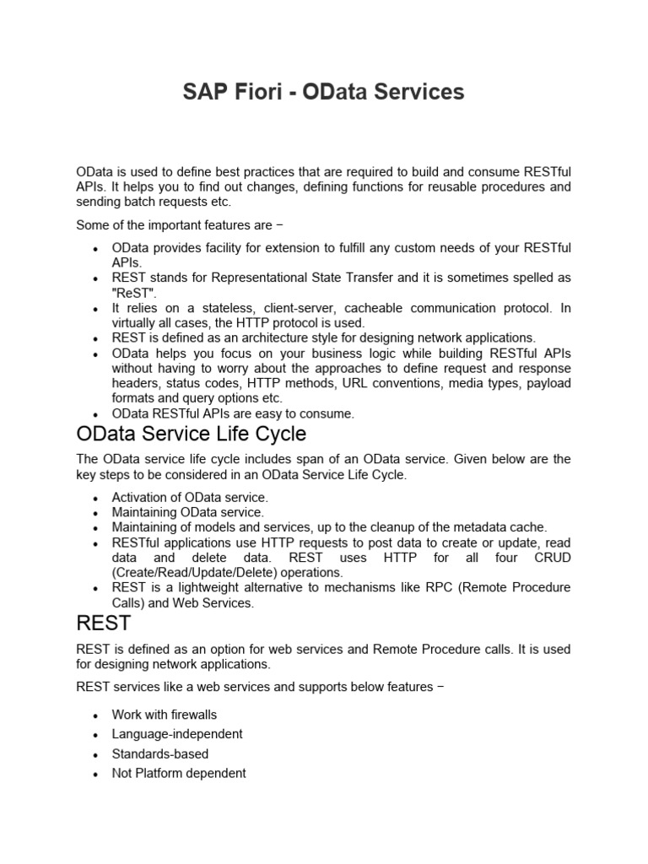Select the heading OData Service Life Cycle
192,435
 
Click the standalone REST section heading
104,623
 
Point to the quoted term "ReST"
134,292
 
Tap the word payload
547,384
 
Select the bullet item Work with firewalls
165,715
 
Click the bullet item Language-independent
177,734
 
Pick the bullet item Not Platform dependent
179,773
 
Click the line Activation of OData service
190,497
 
